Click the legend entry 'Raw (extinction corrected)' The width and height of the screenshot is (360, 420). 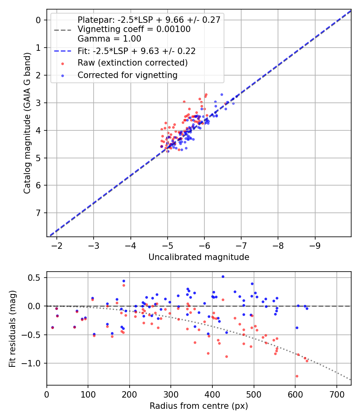click(x=132, y=63)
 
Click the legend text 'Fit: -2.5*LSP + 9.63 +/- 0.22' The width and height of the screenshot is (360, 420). click(x=136, y=51)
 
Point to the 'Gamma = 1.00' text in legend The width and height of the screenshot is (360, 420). click(x=109, y=39)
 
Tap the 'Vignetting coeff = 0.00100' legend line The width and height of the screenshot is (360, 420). click(x=134, y=29)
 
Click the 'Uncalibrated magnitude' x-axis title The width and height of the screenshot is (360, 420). click(x=199, y=257)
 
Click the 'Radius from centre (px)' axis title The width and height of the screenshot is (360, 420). click(x=199, y=406)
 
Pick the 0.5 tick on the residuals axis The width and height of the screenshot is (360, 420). click(x=36, y=278)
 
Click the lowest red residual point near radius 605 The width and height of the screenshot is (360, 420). click(x=297, y=376)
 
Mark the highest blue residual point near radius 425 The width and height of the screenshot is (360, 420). click(x=223, y=276)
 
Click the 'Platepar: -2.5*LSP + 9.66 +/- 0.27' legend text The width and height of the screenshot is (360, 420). click(x=149, y=20)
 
